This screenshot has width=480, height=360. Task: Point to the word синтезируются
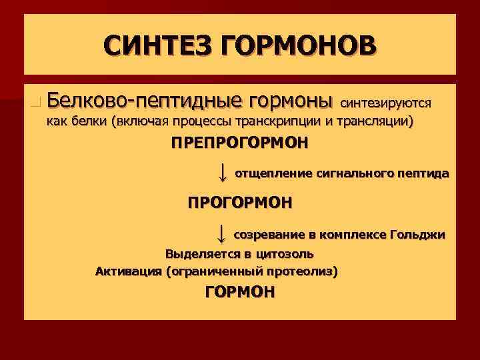(387, 103)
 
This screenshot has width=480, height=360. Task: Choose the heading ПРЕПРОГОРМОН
(239, 143)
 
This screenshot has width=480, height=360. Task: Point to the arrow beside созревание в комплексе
(222, 234)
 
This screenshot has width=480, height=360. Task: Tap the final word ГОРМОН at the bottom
(239, 292)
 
